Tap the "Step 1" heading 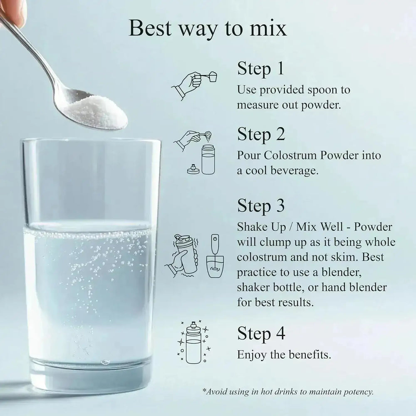(260, 69)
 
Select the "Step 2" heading (261, 135)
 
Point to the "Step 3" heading (261, 206)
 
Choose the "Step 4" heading (261, 334)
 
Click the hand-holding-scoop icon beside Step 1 (194, 85)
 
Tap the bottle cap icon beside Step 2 (193, 169)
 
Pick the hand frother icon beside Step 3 (215, 256)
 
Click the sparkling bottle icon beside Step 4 (194, 342)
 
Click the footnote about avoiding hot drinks (288, 392)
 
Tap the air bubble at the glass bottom (105, 362)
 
